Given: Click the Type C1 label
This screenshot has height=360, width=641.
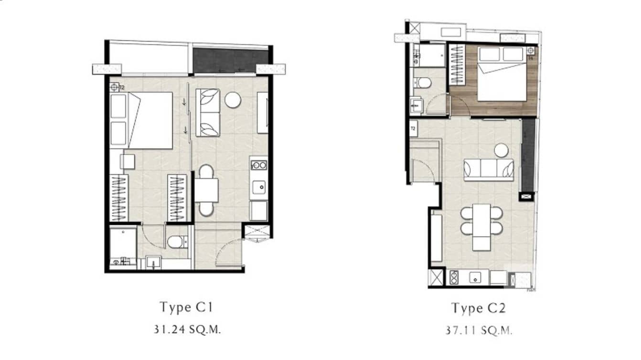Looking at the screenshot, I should pyautogui.click(x=185, y=307).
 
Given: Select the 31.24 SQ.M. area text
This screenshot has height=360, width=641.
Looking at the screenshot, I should pyautogui.click(x=185, y=329).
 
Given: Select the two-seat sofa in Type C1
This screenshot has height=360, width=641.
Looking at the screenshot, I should pyautogui.click(x=208, y=113).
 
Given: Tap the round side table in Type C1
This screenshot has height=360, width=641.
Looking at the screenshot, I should pyautogui.click(x=234, y=100).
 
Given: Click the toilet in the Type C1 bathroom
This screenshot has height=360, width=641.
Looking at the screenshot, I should pyautogui.click(x=177, y=242).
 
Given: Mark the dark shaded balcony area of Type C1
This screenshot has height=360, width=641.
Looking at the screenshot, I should pyautogui.click(x=230, y=60).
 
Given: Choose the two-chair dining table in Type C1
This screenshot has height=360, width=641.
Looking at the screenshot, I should pyautogui.click(x=206, y=190).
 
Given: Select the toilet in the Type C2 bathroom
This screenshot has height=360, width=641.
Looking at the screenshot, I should pyautogui.click(x=423, y=83).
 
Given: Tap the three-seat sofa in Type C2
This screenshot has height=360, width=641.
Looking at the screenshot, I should pyautogui.click(x=489, y=169).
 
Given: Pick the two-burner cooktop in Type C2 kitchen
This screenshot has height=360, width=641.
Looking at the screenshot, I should pyautogui.click(x=454, y=277).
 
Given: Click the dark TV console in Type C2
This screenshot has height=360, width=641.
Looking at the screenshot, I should pyautogui.click(x=528, y=155).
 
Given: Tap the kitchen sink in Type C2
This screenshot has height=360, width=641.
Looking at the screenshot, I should pyautogui.click(x=475, y=277).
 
